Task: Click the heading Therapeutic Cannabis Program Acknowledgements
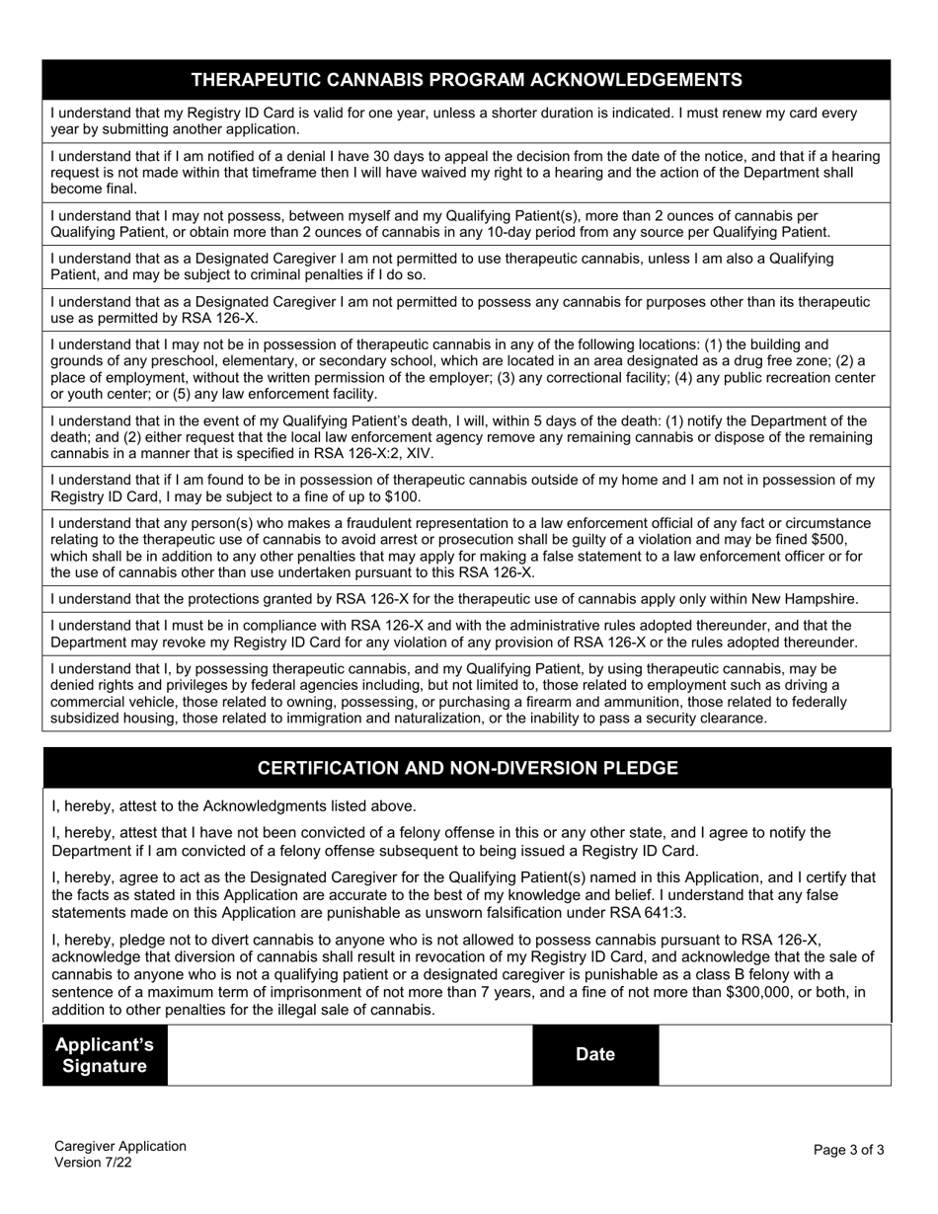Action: tap(467, 80)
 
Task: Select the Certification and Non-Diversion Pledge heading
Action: tap(467, 768)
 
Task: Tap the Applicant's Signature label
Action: tap(105, 1055)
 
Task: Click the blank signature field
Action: tap(350, 1055)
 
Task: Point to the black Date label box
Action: tap(594, 1054)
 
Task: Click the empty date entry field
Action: tap(774, 1055)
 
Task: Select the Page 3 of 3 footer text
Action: tap(848, 1150)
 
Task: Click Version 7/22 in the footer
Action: tap(93, 1163)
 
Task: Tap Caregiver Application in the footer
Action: tap(119, 1146)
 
